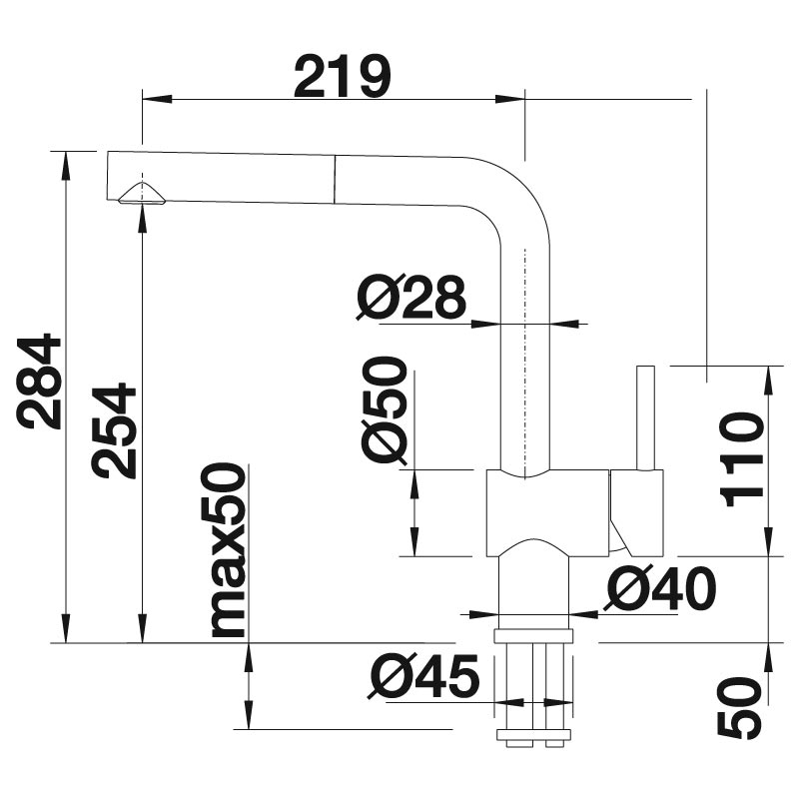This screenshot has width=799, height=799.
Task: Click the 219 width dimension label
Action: coord(343,76)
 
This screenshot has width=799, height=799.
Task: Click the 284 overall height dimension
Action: coord(39,382)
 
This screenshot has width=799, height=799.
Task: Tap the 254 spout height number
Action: coord(113,430)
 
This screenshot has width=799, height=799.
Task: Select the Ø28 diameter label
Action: coord(410,297)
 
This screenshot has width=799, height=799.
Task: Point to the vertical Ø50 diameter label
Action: coord(385,410)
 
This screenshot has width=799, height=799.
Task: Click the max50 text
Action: coord(228,550)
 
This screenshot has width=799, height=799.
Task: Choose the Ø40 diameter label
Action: coord(660,587)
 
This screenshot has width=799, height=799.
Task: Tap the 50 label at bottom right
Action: coord(739,707)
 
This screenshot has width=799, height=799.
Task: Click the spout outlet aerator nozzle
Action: coord(142,194)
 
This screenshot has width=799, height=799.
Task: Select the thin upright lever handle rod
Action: coord(645,417)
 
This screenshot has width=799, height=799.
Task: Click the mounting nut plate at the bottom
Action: coord(533,734)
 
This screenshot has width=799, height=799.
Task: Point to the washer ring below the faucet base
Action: coord(533,636)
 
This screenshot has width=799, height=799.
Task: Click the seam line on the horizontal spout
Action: coord(335,179)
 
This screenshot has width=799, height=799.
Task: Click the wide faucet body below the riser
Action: coord(547,512)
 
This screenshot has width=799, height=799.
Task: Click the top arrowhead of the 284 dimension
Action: coord(65,166)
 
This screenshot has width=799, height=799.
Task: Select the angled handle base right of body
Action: coord(636,512)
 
